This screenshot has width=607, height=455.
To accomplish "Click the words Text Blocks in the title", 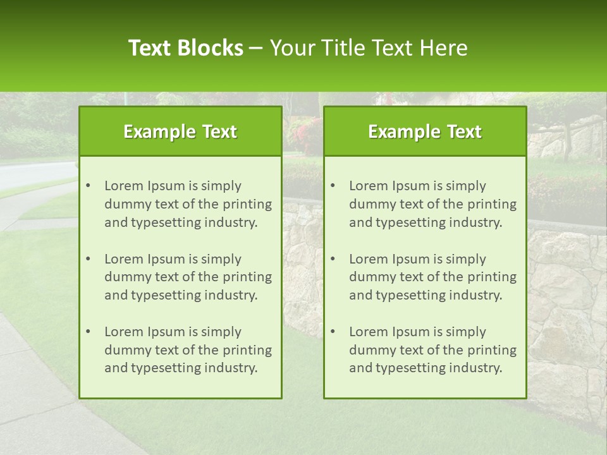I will click(x=186, y=48).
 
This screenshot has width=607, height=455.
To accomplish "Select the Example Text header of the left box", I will click(x=180, y=131).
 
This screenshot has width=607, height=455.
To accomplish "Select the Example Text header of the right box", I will click(x=425, y=131).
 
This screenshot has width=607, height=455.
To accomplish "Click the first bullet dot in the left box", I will click(x=88, y=186).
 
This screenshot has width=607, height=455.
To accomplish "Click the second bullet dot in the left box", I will click(x=88, y=259).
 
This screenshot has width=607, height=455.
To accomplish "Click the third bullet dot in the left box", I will click(x=88, y=332).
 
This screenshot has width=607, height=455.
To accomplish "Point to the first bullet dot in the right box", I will click(x=333, y=186).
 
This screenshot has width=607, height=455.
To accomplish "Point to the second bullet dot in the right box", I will click(x=333, y=259).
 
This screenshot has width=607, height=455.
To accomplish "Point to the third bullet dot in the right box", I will click(x=333, y=332).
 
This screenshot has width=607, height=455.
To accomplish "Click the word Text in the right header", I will click(x=463, y=131).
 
